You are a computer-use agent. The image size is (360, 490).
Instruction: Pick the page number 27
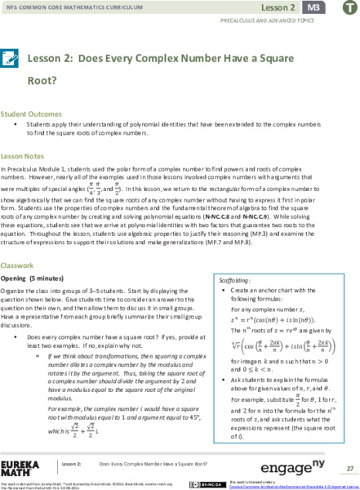click(x=350, y=469)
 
